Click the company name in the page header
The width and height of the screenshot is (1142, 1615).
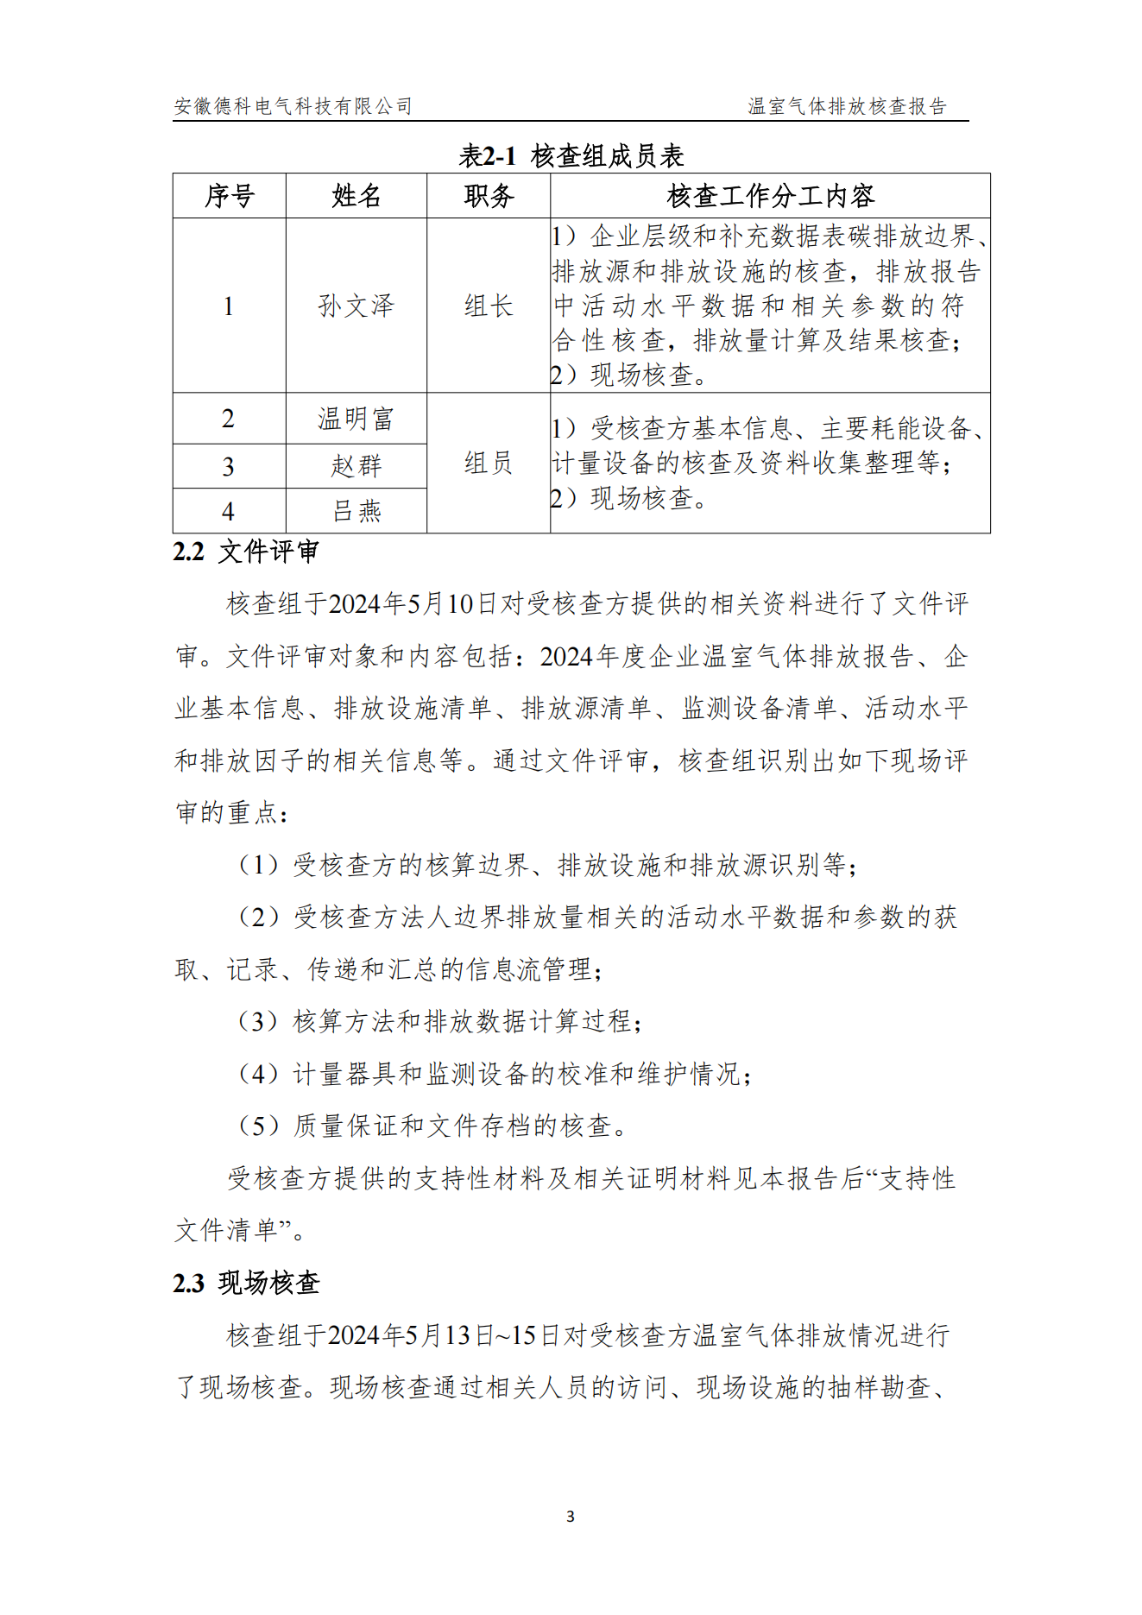pyautogui.click(x=293, y=106)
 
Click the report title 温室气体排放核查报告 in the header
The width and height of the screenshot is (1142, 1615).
pyautogui.click(x=847, y=106)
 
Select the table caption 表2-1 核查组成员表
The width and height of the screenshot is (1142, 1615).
pyautogui.click(x=571, y=156)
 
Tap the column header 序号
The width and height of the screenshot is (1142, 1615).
pyautogui.click(x=229, y=196)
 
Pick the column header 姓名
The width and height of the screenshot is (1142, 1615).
pyautogui.click(x=356, y=196)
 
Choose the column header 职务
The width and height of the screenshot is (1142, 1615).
pyautogui.click(x=489, y=196)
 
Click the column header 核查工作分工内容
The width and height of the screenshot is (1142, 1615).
pyautogui.click(x=770, y=196)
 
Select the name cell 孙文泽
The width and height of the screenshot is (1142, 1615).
pyautogui.click(x=356, y=306)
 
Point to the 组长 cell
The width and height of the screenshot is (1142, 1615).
pyautogui.click(x=489, y=306)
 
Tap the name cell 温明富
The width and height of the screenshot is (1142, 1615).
pyautogui.click(x=356, y=420)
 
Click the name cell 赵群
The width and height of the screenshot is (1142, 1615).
pyautogui.click(x=356, y=466)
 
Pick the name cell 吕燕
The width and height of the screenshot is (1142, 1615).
pyautogui.click(x=356, y=511)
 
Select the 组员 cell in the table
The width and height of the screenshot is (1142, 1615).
pyautogui.click(x=489, y=464)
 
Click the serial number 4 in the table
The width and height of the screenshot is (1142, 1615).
pyautogui.click(x=228, y=512)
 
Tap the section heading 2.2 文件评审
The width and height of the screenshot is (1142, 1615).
pyautogui.click(x=246, y=552)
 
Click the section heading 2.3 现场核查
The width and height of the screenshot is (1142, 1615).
pyautogui.click(x=246, y=1283)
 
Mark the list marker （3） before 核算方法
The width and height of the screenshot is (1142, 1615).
pyautogui.click(x=258, y=1022)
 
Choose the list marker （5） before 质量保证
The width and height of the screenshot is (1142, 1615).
pyautogui.click(x=258, y=1126)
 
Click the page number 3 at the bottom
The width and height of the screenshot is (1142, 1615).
pyautogui.click(x=571, y=1517)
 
